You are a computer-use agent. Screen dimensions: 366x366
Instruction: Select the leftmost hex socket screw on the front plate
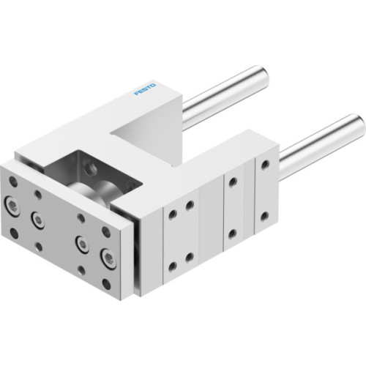tap(12, 205)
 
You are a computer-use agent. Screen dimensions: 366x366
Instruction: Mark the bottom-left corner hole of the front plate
tap(14, 234)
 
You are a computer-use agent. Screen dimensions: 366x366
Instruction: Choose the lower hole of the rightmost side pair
tap(265, 218)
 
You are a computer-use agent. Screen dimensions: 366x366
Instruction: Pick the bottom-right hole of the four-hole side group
tap(190, 257)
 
